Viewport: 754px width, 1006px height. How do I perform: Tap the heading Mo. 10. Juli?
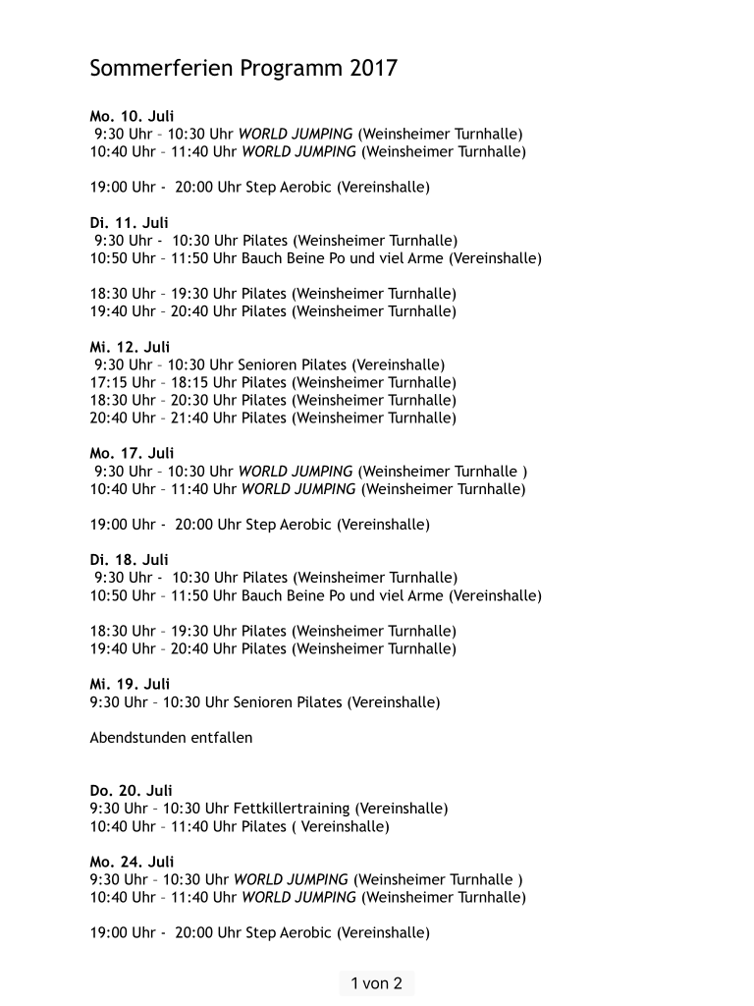click(132, 116)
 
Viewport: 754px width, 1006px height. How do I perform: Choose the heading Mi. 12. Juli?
click(130, 347)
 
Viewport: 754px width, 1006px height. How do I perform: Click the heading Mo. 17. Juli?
click(132, 453)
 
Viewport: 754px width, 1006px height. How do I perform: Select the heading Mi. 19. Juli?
click(130, 684)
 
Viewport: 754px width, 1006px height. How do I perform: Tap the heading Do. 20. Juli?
click(132, 790)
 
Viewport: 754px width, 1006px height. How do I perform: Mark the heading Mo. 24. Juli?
click(132, 862)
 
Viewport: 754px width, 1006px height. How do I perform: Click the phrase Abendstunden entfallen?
click(171, 737)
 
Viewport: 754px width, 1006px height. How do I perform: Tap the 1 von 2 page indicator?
click(377, 983)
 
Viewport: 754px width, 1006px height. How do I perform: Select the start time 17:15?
click(109, 382)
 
